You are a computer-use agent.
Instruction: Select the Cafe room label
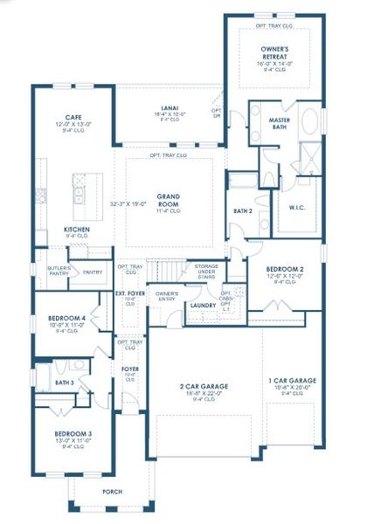pyautogui.click(x=73, y=116)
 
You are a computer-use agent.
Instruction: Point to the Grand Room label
pyautogui.click(x=168, y=196)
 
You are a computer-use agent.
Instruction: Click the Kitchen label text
pyautogui.click(x=77, y=230)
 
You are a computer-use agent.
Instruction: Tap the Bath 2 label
pyautogui.click(x=243, y=210)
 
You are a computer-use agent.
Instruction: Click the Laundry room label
pyautogui.click(x=203, y=305)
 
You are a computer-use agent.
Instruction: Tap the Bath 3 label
pyautogui.click(x=64, y=383)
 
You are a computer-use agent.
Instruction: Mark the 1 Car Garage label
pyautogui.click(x=291, y=381)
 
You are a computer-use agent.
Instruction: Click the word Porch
pyautogui.click(x=112, y=491)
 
